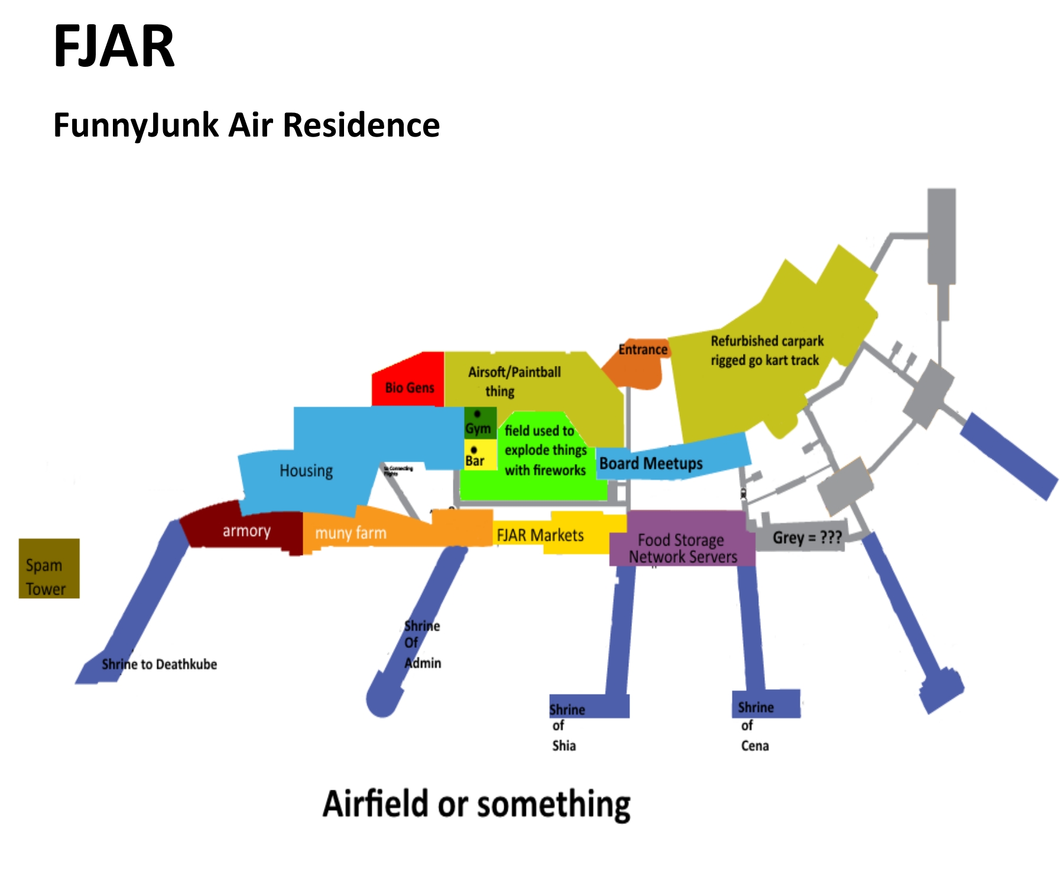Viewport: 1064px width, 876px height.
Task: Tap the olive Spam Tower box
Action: (x=49, y=568)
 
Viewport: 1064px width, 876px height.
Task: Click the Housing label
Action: (x=306, y=471)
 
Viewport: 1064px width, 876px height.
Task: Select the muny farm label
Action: (x=351, y=533)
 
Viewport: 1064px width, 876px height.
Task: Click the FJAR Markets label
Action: (x=540, y=536)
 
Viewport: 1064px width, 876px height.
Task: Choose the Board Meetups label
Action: (x=651, y=463)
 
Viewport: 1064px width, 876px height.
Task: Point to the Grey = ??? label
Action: (x=807, y=538)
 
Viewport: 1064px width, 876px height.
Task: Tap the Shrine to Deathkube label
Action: (x=159, y=664)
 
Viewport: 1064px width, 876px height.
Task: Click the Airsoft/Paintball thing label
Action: (x=514, y=381)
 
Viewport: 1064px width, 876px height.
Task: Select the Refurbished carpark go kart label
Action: (x=767, y=351)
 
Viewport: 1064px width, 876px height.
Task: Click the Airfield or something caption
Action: (x=476, y=804)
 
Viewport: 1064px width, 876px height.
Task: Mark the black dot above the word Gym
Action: (x=477, y=414)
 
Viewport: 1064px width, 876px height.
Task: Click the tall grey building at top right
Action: (x=941, y=236)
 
